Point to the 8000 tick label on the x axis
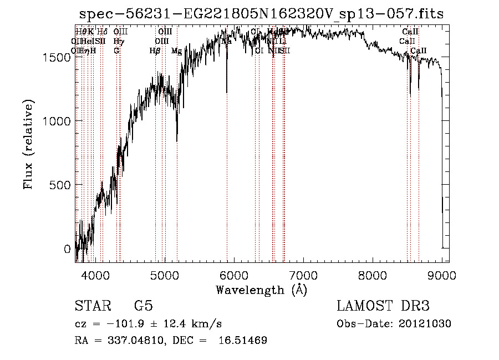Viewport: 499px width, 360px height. [373, 275]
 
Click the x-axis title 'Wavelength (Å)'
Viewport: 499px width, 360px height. [261, 290]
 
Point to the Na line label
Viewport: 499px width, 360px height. [227, 42]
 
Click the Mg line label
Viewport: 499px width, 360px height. [176, 51]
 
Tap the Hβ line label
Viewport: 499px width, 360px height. [155, 51]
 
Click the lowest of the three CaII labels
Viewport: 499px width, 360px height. [419, 51]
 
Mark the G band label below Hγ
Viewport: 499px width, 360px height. [116, 51]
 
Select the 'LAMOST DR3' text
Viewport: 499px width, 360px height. [383, 306]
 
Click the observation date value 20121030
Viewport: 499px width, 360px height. [425, 324]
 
